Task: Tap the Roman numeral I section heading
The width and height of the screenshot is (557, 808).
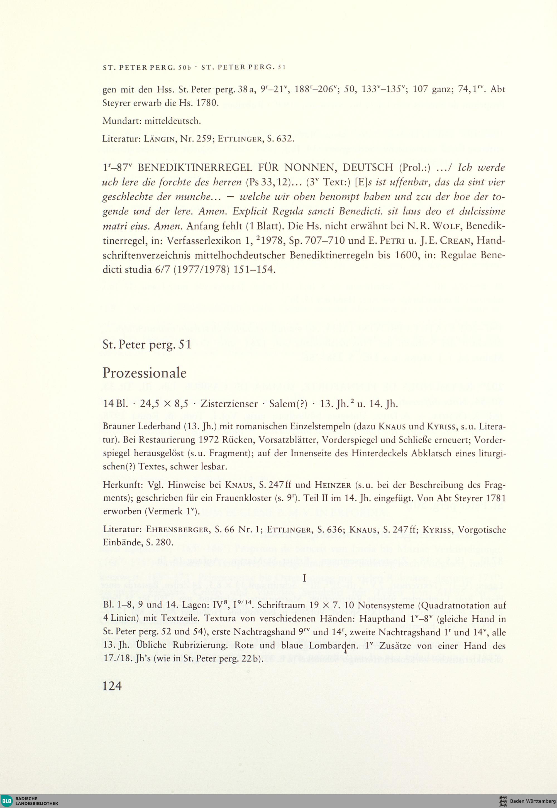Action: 305,579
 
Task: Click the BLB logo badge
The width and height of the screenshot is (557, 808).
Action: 7,800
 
